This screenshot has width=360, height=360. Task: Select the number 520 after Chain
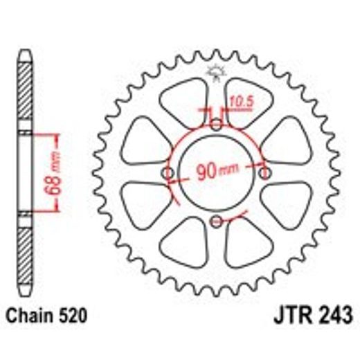coord(73,318)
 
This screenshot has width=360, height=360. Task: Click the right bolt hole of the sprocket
coord(264,172)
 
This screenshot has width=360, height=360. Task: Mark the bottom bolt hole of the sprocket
coord(217,221)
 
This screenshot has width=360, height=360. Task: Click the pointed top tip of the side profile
coord(24,52)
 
